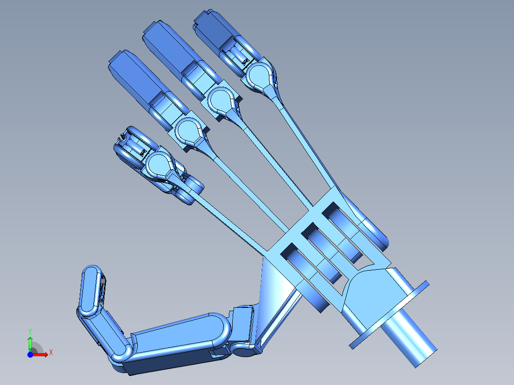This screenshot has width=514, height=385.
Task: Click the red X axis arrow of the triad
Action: pyautogui.click(x=44, y=354)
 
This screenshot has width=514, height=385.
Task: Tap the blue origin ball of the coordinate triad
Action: pyautogui.click(x=30, y=355)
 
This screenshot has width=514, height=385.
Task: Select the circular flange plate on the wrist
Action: pyautogui.click(x=389, y=314)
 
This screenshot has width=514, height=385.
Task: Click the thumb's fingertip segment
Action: pyautogui.click(x=91, y=291)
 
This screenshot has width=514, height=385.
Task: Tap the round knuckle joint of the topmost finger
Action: pyautogui.click(x=259, y=74)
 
